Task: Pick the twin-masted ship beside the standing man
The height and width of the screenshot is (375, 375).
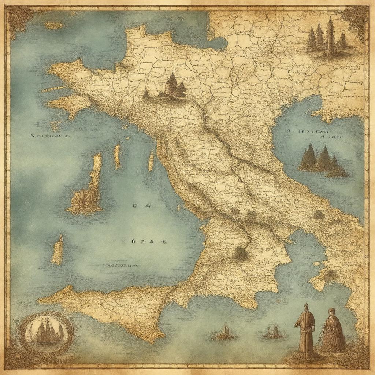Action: [272, 331]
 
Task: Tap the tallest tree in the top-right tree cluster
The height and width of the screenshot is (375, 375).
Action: [330, 35]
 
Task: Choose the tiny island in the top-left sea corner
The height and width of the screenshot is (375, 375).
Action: [53, 25]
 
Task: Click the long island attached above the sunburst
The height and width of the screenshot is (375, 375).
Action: [96, 172]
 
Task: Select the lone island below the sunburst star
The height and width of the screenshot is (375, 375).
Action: [57, 250]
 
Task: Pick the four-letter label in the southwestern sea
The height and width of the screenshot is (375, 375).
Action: [148, 241]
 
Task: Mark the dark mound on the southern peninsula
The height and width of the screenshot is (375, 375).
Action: [240, 253]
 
